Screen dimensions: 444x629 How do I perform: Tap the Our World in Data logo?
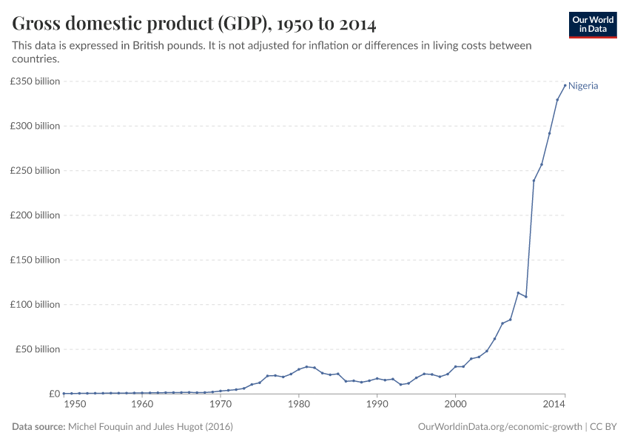point(592,24)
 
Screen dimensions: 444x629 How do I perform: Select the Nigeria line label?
point(583,86)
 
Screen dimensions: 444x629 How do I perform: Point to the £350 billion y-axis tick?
point(35,81)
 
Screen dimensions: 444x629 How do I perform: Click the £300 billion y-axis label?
point(35,126)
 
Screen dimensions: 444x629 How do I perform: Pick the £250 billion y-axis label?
point(35,170)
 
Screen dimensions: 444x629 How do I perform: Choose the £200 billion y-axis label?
point(35,215)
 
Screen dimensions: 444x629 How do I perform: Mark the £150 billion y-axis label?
point(35,260)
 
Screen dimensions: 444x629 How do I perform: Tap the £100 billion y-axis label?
point(35,304)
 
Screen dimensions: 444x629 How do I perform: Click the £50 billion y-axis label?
point(37,349)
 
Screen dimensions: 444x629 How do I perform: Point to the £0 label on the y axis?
point(53,394)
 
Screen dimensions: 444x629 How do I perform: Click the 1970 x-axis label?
point(221,405)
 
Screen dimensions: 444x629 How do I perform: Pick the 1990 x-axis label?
point(377,405)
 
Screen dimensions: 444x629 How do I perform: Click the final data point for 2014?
point(565,85)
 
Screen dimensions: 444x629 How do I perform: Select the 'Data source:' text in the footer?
point(38,427)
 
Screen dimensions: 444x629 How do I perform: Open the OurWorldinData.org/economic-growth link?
point(499,427)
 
